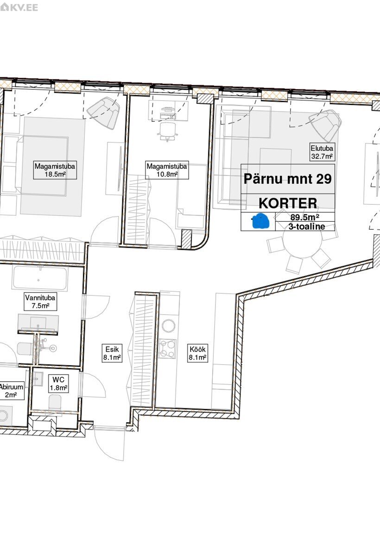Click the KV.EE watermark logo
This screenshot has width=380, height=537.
[19, 7]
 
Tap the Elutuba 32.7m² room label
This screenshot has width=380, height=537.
[322, 152]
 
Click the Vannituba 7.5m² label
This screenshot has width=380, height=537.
[40, 302]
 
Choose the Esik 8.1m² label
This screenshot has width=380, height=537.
[112, 353]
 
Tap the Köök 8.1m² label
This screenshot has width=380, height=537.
[197, 353]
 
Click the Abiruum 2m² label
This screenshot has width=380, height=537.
[11, 391]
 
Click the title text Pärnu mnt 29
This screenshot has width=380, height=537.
[288, 179]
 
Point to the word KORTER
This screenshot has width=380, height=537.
[288, 203]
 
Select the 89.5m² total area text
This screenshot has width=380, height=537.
[305, 217]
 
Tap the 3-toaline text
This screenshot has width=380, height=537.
[307, 226]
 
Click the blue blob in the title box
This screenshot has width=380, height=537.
[260, 221]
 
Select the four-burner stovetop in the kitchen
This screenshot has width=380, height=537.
[167, 349]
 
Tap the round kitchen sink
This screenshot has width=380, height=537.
[168, 326]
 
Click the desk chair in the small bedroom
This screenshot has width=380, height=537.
[168, 131]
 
